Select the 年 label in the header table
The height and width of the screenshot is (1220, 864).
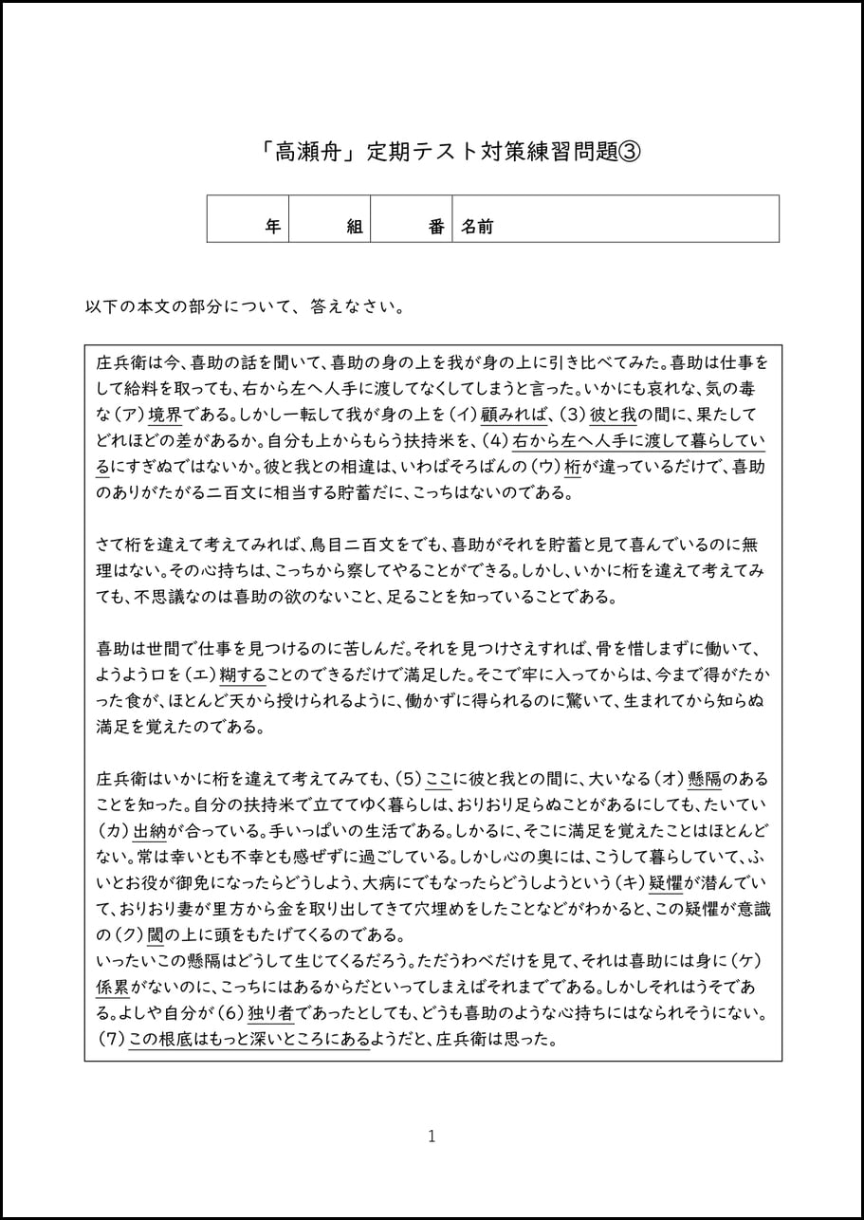coord(272,227)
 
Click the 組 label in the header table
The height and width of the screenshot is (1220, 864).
coord(355,227)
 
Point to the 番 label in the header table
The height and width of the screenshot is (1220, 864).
coord(436,227)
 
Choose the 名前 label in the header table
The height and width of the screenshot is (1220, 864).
coord(477,227)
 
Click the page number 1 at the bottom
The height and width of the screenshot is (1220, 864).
coord(432,1136)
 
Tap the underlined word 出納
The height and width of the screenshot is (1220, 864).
coord(150,831)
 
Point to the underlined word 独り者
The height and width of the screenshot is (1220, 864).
coord(276,1012)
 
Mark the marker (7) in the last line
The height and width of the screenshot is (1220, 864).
coord(111,1038)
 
